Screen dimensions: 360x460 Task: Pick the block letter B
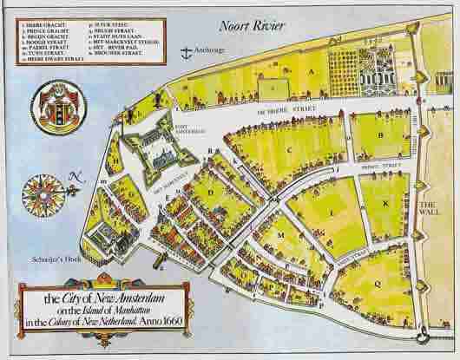(x=380, y=134)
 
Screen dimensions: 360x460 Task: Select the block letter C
(x=289, y=149)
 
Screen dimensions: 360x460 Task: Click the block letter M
(x=280, y=235)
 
